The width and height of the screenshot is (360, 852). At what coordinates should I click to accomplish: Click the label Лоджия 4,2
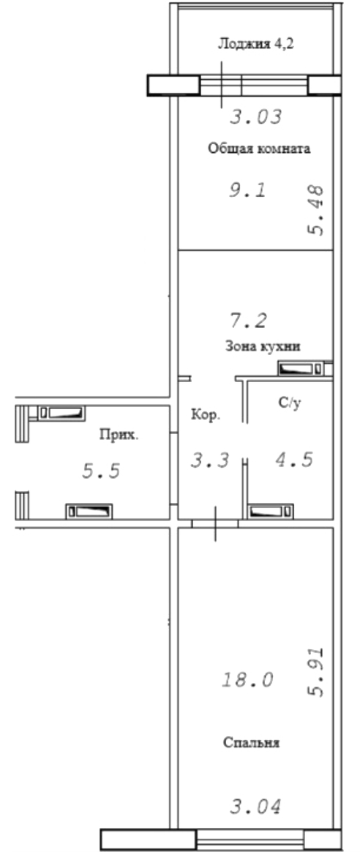click(x=256, y=44)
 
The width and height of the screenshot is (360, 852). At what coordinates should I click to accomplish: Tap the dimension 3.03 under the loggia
click(x=256, y=117)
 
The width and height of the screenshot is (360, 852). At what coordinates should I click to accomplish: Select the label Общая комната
click(x=259, y=149)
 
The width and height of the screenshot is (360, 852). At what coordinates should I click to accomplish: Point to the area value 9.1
click(x=247, y=190)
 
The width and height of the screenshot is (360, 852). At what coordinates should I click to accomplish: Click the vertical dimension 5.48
click(x=315, y=210)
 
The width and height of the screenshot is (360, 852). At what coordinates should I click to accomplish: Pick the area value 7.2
click(x=248, y=321)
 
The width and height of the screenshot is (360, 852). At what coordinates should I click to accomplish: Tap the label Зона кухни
click(x=263, y=346)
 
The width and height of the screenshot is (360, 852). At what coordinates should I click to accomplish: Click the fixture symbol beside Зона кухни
click(x=304, y=368)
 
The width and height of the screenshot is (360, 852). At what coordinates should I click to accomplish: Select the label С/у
click(x=289, y=403)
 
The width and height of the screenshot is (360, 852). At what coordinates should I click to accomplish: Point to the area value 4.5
click(x=293, y=460)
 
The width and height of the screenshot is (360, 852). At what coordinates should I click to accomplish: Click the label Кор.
click(x=206, y=416)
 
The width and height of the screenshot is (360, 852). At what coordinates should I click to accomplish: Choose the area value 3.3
click(x=210, y=461)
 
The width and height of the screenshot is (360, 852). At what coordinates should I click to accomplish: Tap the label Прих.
click(x=119, y=434)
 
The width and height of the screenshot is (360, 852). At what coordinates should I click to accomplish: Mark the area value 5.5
click(x=101, y=471)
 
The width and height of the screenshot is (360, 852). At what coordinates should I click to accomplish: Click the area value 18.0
click(x=247, y=679)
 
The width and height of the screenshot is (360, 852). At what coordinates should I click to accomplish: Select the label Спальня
click(x=252, y=742)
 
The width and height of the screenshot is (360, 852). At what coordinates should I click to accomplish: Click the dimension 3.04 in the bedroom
click(x=255, y=807)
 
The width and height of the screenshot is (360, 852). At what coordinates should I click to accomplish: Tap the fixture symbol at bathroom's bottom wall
click(x=271, y=512)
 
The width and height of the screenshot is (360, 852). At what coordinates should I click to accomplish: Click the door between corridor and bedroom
click(x=215, y=523)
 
